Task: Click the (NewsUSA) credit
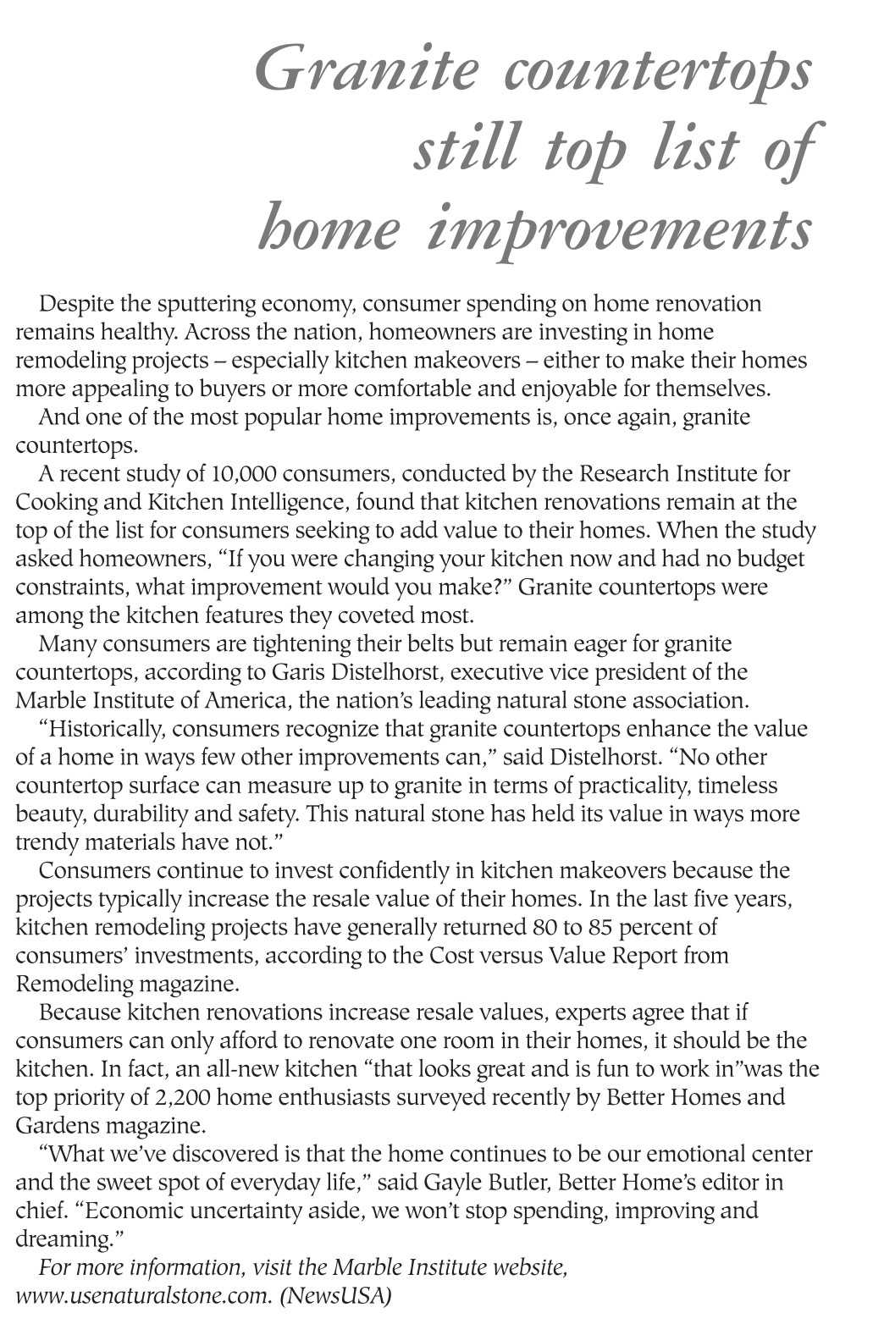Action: pos(336,1296)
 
